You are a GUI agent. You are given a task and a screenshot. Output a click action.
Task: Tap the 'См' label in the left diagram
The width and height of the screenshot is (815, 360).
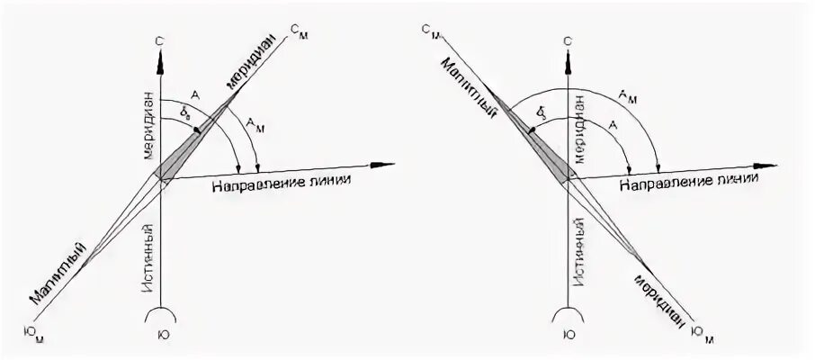300,29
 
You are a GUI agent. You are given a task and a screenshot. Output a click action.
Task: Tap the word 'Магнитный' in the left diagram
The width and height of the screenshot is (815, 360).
63,270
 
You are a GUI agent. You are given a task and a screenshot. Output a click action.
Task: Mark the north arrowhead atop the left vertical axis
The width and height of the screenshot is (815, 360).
160,59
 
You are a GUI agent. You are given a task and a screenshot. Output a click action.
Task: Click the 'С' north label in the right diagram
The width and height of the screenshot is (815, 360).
569,40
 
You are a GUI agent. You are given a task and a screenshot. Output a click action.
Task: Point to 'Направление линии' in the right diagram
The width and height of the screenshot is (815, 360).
685,181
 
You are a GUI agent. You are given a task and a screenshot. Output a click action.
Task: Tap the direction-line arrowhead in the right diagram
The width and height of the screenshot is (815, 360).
766,165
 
